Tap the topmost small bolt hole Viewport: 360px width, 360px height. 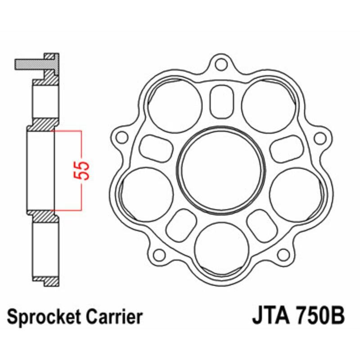click(220, 64)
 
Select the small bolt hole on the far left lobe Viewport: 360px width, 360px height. click(120, 136)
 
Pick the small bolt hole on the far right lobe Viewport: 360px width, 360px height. click(320, 137)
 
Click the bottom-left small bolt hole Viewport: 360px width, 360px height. click(158, 255)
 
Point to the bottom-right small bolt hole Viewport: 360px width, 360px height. click(283, 255)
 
